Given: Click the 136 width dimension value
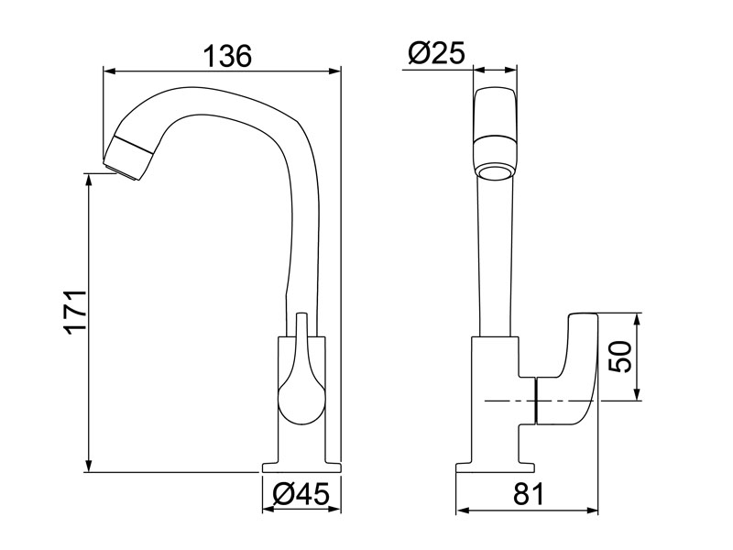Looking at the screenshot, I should tap(225, 55).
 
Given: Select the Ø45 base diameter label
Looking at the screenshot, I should tap(301, 494).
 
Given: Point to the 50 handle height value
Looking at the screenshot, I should tap(621, 357).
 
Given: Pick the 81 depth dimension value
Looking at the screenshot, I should tap(529, 494).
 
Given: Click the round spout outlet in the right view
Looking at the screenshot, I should tap(496, 171).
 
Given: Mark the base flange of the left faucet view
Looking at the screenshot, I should tap(301, 467).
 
